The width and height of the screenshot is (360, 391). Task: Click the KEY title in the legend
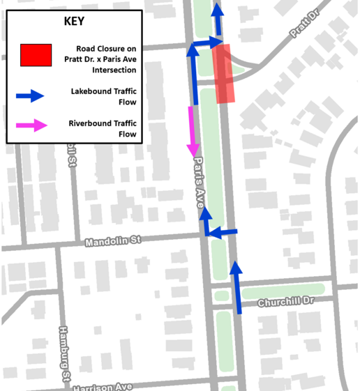tap(74, 21)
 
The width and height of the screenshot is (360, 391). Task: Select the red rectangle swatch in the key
tap(36, 55)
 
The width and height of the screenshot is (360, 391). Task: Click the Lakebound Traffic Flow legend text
tap(103, 96)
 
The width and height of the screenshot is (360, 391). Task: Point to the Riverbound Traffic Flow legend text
tap(103, 129)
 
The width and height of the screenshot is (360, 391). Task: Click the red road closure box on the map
tap(223, 74)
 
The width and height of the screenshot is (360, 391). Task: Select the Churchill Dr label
tap(287, 302)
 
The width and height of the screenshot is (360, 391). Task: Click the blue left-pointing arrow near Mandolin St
tap(223, 233)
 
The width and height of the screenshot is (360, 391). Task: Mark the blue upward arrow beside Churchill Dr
tap(237, 286)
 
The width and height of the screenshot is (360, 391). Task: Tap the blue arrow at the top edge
tap(218, 17)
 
